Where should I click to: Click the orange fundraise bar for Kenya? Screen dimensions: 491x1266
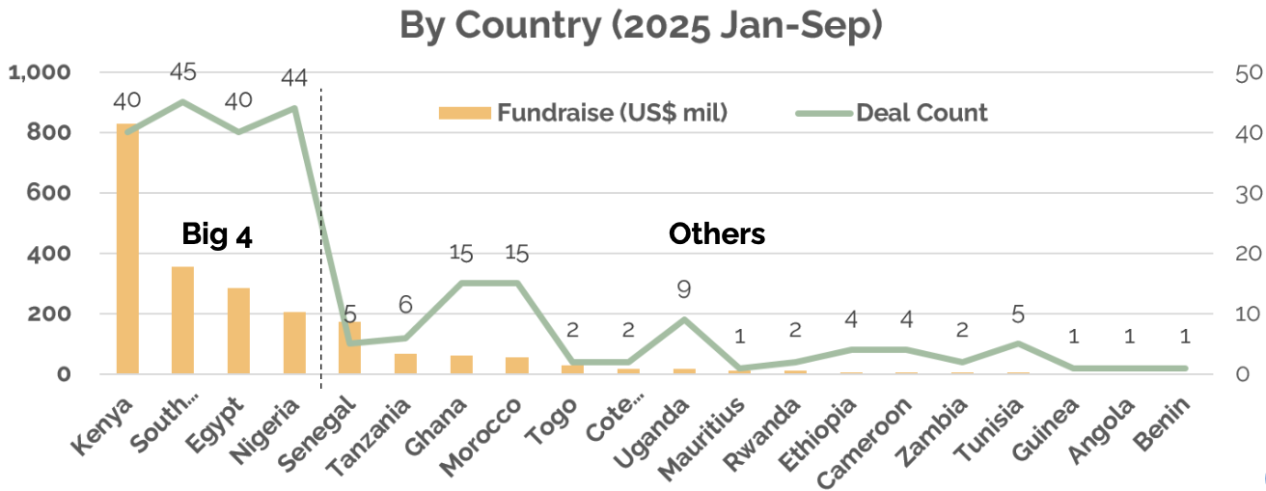tap(127, 249)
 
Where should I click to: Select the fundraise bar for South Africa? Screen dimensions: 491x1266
tap(182, 320)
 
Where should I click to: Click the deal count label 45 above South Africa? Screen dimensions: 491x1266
tap(183, 72)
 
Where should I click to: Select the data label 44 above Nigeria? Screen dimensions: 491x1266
tap(294, 77)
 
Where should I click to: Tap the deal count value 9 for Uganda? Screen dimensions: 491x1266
tap(684, 288)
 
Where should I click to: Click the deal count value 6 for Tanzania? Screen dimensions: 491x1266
tap(405, 305)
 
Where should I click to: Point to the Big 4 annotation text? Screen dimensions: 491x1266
tap(217, 234)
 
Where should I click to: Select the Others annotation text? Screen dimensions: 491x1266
tap(717, 233)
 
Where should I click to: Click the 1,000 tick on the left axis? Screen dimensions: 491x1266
tap(40, 72)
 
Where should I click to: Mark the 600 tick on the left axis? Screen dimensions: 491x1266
tap(50, 193)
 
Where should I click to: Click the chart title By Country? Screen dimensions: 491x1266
tap(641, 26)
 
